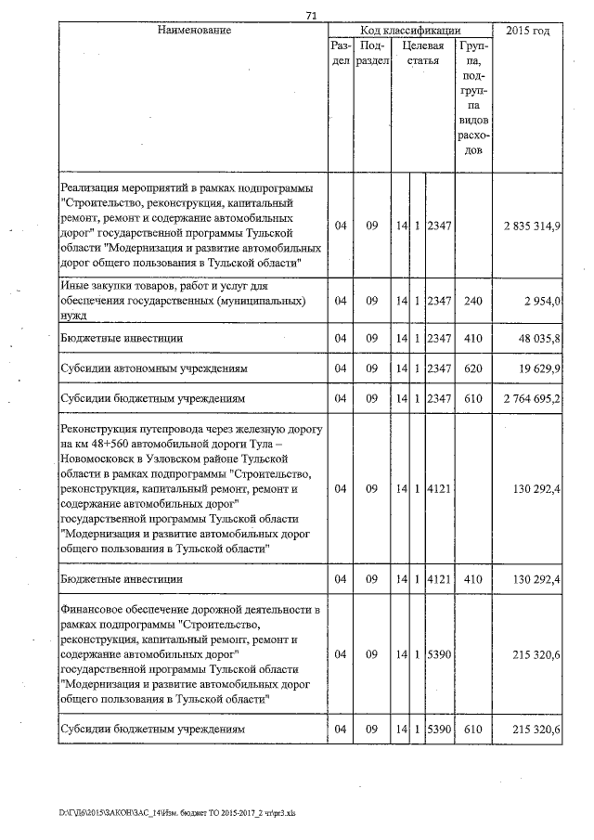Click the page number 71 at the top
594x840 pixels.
[312, 15]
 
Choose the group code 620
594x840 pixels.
[473, 369]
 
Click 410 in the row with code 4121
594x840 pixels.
[473, 579]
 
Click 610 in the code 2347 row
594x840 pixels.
[473, 400]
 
